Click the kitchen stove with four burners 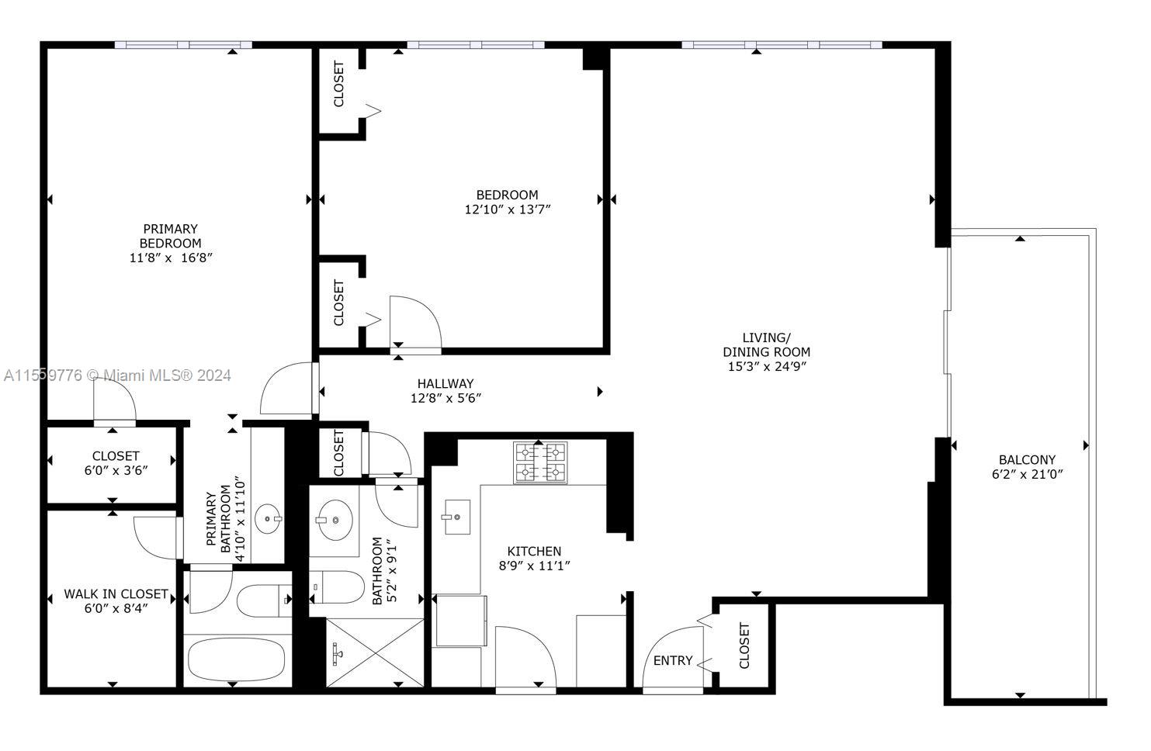click(x=540, y=462)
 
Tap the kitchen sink click(x=457, y=517)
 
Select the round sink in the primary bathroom click(x=268, y=519)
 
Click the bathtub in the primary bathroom click(x=237, y=659)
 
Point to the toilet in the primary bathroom click(x=264, y=600)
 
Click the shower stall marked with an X click(x=375, y=652)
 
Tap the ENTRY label click(x=673, y=660)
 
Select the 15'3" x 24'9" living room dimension click(x=767, y=366)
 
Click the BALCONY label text click(x=1027, y=459)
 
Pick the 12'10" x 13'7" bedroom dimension click(x=507, y=209)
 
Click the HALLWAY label click(x=445, y=383)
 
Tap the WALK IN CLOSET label click(x=116, y=594)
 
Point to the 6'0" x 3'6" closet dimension click(x=116, y=470)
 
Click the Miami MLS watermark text click(x=117, y=375)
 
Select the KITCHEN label click(x=534, y=551)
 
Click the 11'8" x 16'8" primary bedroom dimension click(x=171, y=258)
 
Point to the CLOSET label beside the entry click(x=744, y=645)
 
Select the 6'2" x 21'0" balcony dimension click(x=1027, y=473)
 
